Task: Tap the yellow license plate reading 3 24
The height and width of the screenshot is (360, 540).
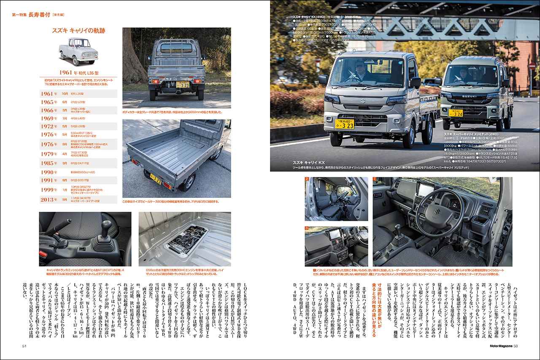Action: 456,113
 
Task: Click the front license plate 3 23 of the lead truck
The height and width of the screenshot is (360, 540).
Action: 345,124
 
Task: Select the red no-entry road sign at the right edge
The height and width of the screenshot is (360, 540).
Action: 532,66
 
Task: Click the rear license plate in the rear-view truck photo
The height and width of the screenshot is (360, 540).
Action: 182,84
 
